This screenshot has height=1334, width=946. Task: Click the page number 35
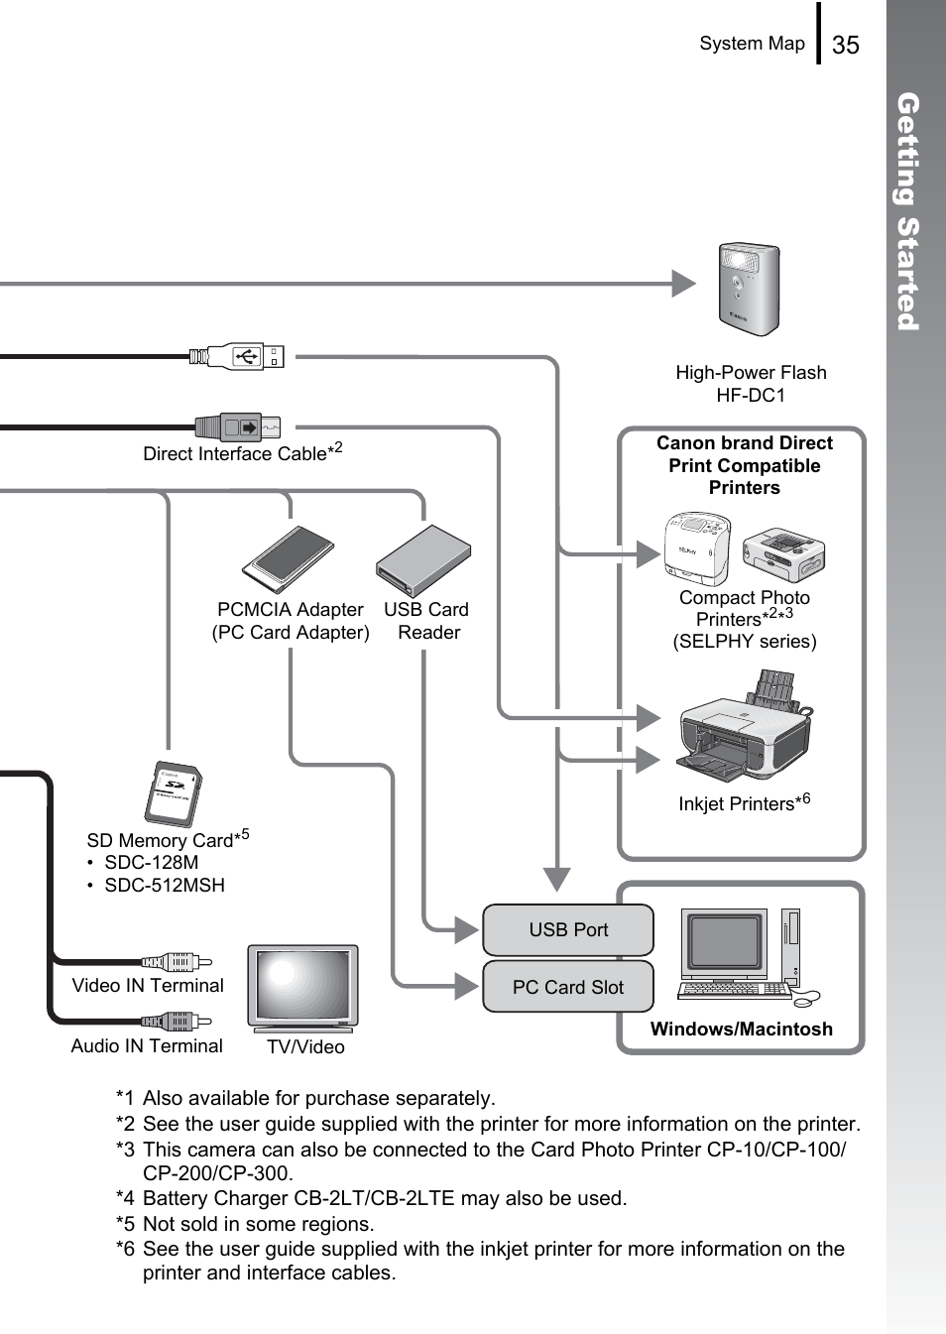pos(845,45)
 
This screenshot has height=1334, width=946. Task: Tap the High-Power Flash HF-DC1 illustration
pos(749,290)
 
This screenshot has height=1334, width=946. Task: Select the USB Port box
pos(568,929)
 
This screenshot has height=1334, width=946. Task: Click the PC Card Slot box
pos(568,987)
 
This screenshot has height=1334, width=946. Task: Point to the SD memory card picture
pos(174,794)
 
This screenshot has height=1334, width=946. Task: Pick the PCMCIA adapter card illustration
pos(289,559)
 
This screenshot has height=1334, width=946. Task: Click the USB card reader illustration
pos(423,561)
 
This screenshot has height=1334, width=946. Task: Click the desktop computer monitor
pos(724,942)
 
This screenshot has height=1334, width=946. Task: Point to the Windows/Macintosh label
pos(742,1029)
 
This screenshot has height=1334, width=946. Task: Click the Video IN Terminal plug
pos(177,961)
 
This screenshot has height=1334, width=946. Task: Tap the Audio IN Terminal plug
pos(177,1021)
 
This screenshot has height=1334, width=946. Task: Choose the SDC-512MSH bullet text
pos(165,885)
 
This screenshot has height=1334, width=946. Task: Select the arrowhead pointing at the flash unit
pos(684,284)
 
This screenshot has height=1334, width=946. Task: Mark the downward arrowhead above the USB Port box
pos(557,879)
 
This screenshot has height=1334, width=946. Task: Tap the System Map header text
pos(752,44)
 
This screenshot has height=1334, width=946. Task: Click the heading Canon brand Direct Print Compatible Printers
pos(745,465)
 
